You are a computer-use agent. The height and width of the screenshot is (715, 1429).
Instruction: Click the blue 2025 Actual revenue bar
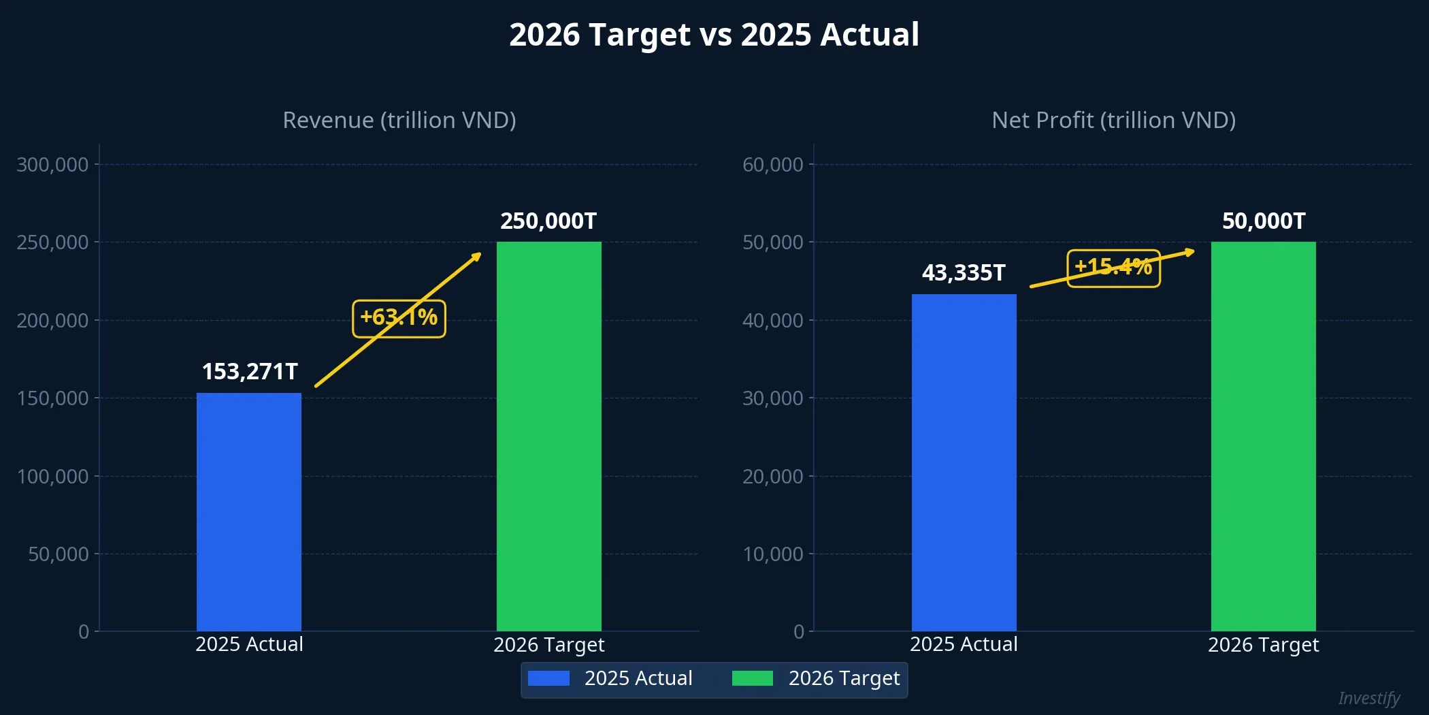pyautogui.click(x=249, y=512)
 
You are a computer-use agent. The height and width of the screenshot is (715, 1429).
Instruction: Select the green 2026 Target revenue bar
pyautogui.click(x=548, y=436)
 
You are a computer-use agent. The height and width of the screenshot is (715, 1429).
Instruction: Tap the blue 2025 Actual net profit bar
pyautogui.click(x=964, y=463)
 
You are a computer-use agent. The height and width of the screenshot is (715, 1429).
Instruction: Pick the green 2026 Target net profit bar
pyautogui.click(x=1263, y=436)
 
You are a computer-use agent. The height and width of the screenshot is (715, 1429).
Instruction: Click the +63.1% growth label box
pyautogui.click(x=399, y=318)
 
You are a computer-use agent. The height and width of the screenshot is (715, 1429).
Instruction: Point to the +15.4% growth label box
pyautogui.click(x=1113, y=268)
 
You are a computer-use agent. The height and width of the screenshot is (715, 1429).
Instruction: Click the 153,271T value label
pyautogui.click(x=250, y=372)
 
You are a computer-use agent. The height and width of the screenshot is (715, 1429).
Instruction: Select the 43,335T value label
pyautogui.click(x=964, y=273)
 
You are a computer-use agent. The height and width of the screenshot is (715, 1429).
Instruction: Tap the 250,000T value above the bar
pyautogui.click(x=548, y=221)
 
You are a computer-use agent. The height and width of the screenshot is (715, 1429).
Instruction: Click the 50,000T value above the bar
pyautogui.click(x=1264, y=221)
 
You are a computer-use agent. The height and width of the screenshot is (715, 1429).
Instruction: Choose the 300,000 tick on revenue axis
pyautogui.click(x=52, y=165)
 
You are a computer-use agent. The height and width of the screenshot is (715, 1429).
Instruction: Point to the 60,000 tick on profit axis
pyautogui.click(x=772, y=165)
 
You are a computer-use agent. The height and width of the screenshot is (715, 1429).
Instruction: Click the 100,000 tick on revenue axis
pyautogui.click(x=52, y=477)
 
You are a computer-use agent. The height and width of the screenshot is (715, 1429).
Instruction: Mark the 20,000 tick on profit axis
pyautogui.click(x=772, y=477)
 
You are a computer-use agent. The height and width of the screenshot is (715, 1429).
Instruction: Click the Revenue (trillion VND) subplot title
pyautogui.click(x=399, y=120)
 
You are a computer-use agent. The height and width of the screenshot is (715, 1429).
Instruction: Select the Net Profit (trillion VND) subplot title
pyautogui.click(x=1113, y=120)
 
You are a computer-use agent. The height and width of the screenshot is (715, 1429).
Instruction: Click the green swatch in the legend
pyautogui.click(x=752, y=678)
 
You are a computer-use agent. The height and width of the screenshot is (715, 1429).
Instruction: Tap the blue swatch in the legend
pyautogui.click(x=548, y=678)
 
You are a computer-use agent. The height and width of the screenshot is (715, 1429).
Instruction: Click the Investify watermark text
pyautogui.click(x=1368, y=699)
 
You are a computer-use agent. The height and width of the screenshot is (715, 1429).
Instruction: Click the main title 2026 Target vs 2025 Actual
pyautogui.click(x=714, y=35)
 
